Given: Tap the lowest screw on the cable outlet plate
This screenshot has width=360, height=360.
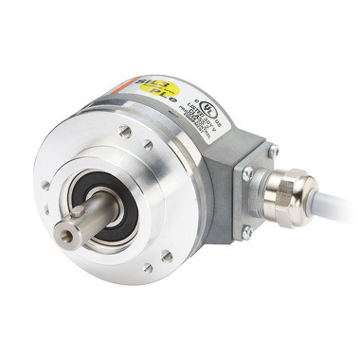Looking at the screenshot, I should tap(247, 230).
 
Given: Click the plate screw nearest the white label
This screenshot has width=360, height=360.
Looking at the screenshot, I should tap(272, 150).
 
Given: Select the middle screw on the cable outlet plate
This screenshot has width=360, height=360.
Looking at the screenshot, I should tap(247, 173).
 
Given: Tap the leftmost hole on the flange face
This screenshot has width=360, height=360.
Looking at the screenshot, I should tap(45, 185).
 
